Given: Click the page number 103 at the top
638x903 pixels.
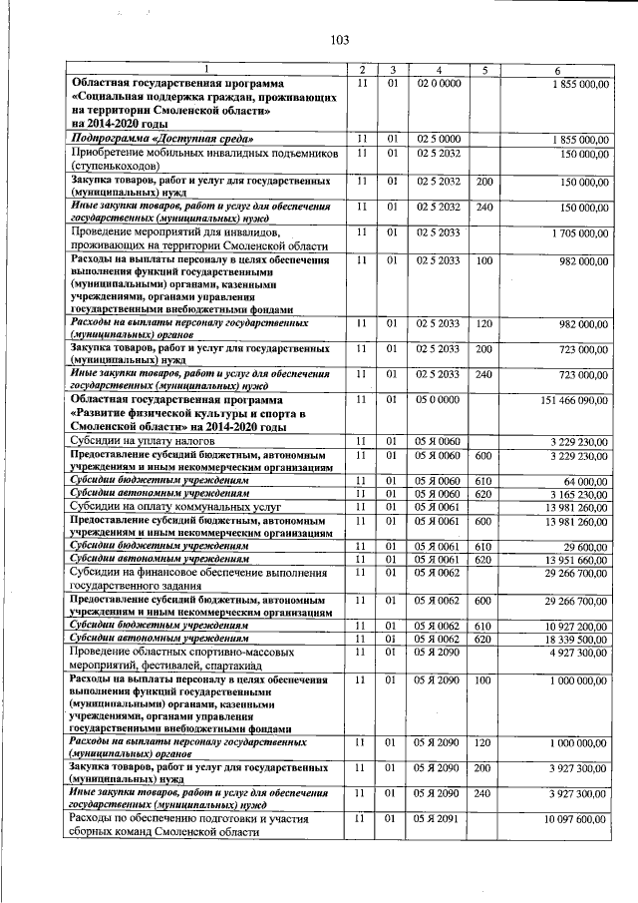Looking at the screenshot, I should tap(339, 40).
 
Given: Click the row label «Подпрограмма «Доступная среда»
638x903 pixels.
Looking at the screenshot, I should tap(160, 138).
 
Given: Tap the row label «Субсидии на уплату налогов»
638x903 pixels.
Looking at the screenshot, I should tap(141, 440).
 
